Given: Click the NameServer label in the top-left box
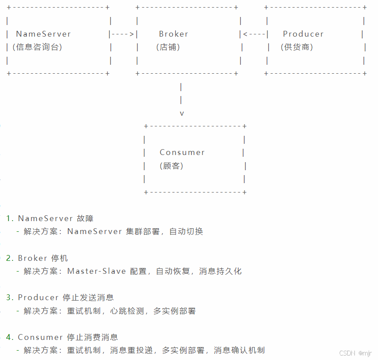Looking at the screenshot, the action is [x=43, y=34].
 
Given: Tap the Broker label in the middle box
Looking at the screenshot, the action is [x=174, y=34].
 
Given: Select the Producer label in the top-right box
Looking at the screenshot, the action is [x=303, y=34].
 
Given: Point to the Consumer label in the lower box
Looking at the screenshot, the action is [x=182, y=152].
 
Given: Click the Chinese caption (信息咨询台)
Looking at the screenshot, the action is [x=37, y=47].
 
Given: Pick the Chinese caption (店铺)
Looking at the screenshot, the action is [x=168, y=47].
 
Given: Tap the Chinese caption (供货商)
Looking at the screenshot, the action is [x=297, y=47].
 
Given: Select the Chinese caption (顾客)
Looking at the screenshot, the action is [x=171, y=166].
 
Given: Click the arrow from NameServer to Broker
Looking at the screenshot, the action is [x=123, y=34].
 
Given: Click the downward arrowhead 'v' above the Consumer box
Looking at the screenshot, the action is [x=182, y=113].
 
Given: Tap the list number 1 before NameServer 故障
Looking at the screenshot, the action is [x=9, y=218].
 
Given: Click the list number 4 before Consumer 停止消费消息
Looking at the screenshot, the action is [x=9, y=337].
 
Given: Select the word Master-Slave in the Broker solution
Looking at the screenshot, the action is [x=96, y=271].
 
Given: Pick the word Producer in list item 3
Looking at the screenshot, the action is [x=38, y=297].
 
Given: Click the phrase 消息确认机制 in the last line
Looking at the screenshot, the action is [x=239, y=350].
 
